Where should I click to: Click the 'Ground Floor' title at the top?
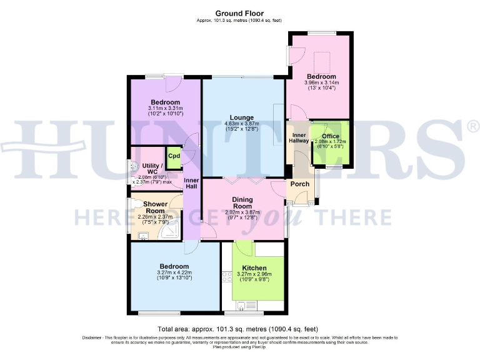(239, 13)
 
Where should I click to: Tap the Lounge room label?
(241, 117)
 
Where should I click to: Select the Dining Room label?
(242, 202)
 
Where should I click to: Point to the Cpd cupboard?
(173, 157)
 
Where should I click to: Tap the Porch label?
(300, 184)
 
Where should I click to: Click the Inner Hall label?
(191, 184)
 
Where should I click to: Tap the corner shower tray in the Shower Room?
(169, 232)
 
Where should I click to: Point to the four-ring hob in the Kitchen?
(226, 277)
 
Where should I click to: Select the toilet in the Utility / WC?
(133, 167)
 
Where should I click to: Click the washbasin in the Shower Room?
(142, 236)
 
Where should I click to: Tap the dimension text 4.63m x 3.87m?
(241, 124)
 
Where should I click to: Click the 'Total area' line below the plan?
(238, 329)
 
